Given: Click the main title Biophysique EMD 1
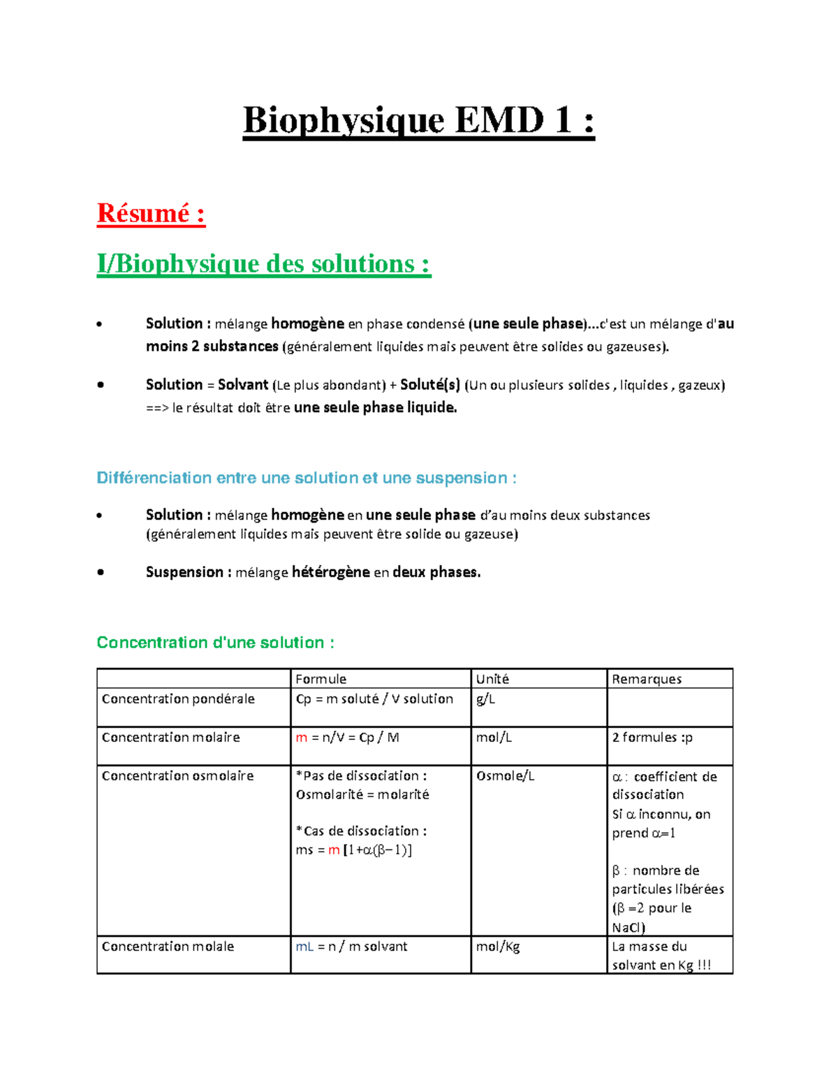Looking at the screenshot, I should (x=418, y=120).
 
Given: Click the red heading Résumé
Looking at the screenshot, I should (x=151, y=213).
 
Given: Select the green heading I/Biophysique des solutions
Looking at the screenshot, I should (x=264, y=264).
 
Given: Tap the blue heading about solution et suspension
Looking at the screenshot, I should (x=306, y=478).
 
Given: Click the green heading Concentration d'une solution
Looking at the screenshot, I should (x=215, y=642).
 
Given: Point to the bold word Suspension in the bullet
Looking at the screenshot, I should (x=184, y=572).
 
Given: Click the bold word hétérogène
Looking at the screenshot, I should (x=330, y=572).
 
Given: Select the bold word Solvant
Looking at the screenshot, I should (x=242, y=385).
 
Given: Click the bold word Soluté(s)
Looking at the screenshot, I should (x=429, y=385).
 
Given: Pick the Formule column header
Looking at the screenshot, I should (x=321, y=679).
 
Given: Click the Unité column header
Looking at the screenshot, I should (x=492, y=679).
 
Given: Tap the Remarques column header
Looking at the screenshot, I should (x=647, y=679).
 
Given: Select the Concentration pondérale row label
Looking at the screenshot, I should (x=178, y=699).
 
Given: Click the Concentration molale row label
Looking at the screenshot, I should (x=168, y=946).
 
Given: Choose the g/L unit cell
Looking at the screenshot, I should (x=485, y=699).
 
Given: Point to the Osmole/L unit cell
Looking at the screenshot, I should (x=505, y=775).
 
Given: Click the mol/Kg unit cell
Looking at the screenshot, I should (x=498, y=946).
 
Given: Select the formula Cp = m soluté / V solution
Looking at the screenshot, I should (x=374, y=699).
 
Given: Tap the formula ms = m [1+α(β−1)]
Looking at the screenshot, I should (x=353, y=850).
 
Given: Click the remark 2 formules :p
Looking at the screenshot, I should (x=652, y=737).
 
